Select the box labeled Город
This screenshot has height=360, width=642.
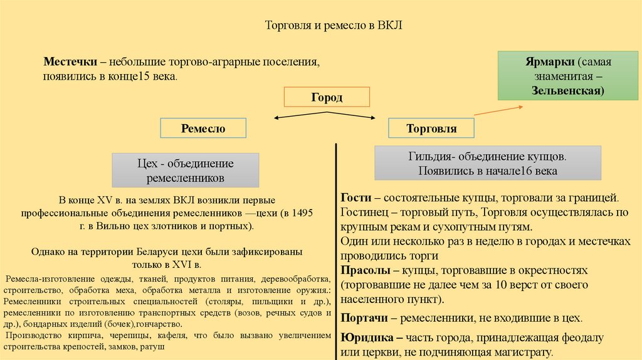coord(327,97)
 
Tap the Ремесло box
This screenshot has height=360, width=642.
coord(203,129)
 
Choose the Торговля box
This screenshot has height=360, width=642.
coord(431,129)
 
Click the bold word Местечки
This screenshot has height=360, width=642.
coord(70,63)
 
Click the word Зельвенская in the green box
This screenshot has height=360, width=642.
coord(555,91)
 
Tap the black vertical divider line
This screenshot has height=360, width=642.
coord(337,251)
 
